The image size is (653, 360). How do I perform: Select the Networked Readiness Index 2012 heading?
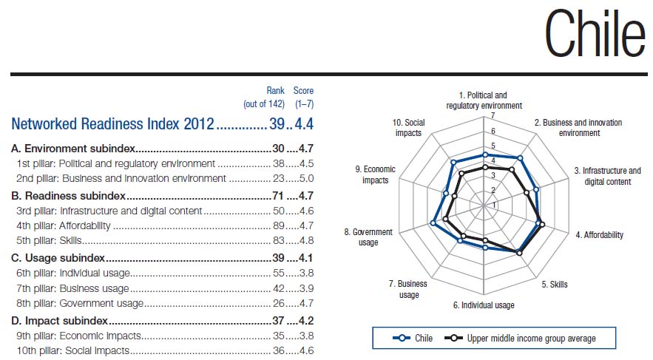click(112, 123)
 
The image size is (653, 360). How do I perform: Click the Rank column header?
click(275, 91)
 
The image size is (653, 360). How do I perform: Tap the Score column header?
click(303, 91)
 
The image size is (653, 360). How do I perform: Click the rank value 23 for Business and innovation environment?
click(280, 178)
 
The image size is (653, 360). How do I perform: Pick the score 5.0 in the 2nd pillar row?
click(306, 178)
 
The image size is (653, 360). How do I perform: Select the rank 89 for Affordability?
click(280, 225)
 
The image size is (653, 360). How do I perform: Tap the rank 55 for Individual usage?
click(280, 273)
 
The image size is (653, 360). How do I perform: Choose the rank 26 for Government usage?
click(280, 302)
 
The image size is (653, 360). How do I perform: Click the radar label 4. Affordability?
click(599, 235)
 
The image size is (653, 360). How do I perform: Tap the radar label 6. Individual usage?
click(484, 305)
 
